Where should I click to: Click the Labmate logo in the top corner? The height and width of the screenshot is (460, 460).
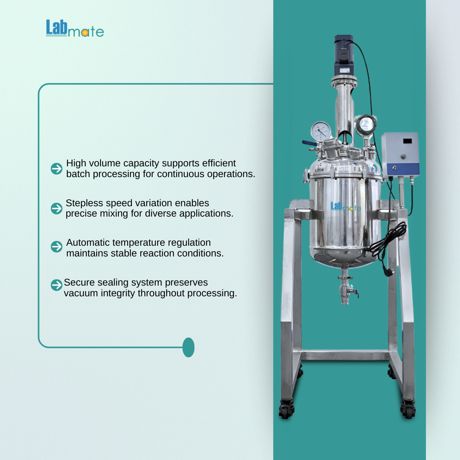click(x=75, y=28)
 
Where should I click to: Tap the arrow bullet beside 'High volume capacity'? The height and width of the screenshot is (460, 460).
click(x=57, y=169)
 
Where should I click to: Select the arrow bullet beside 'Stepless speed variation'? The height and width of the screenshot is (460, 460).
click(x=57, y=209)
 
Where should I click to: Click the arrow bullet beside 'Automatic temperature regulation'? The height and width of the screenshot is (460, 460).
click(x=57, y=246)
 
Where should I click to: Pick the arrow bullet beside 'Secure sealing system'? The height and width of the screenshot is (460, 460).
click(x=57, y=285)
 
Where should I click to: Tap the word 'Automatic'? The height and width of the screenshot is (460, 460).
click(x=88, y=243)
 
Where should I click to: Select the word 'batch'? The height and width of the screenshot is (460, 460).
click(x=78, y=174)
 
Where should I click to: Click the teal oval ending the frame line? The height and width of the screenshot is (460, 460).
click(x=188, y=347)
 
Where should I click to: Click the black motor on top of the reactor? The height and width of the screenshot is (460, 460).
click(x=344, y=55)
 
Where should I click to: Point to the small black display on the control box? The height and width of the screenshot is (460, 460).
click(x=407, y=141)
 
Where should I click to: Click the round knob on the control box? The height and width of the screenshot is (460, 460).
click(x=403, y=157)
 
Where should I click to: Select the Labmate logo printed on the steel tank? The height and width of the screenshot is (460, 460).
click(x=346, y=207)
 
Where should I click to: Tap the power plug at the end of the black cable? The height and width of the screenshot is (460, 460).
click(x=388, y=272)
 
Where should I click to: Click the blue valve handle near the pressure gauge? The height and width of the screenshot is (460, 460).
click(x=309, y=143)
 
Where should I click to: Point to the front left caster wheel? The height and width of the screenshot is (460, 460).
click(x=286, y=410)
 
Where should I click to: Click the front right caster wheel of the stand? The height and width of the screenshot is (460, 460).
click(x=408, y=410)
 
